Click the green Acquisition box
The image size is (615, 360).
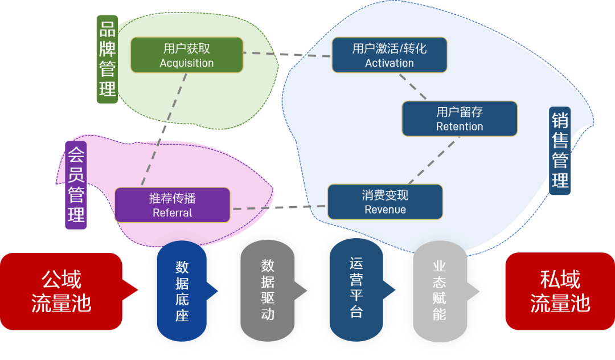click(187, 55)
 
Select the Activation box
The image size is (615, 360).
click(389, 55)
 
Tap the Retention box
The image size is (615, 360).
click(460, 119)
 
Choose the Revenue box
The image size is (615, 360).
click(385, 202)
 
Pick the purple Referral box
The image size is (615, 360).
click(172, 205)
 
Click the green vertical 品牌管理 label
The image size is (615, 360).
click(107, 59)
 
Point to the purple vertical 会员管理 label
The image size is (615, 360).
click(76, 185)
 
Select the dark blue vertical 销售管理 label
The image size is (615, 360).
click(560, 151)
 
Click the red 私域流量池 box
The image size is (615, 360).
click(560, 292)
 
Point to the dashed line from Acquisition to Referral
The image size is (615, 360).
click(164, 129)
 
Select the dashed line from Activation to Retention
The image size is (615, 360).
click(413, 87)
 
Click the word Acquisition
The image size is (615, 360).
click(187, 63)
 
